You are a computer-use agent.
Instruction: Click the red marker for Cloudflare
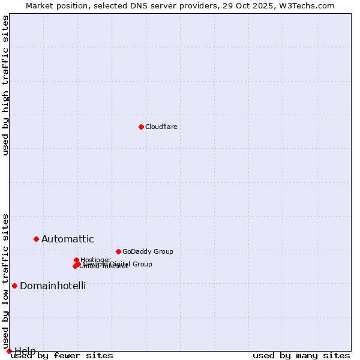click(x=141, y=127)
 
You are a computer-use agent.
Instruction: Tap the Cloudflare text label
click(x=161, y=127)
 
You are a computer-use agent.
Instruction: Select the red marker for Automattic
click(x=36, y=239)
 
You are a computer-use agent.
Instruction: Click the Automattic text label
click(x=67, y=239)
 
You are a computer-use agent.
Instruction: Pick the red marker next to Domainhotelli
click(x=14, y=286)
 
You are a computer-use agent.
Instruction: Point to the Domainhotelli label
click(x=53, y=286)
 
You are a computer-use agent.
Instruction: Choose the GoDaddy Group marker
click(x=118, y=251)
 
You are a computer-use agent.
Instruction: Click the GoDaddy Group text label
click(x=147, y=251)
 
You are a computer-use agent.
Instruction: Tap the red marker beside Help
click(x=9, y=351)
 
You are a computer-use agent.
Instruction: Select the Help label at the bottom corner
click(x=25, y=351)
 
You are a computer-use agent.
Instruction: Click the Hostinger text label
click(x=95, y=260)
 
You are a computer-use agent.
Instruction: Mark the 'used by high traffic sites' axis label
click(x=5, y=86)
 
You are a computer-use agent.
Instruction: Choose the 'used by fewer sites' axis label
click(x=62, y=356)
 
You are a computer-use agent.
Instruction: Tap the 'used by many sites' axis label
click(x=301, y=356)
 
